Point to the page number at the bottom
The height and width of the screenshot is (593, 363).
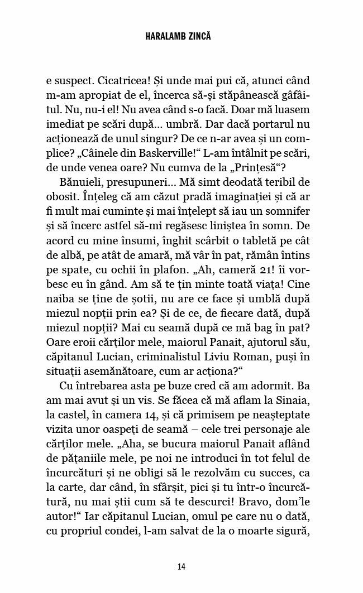point(181,567)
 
